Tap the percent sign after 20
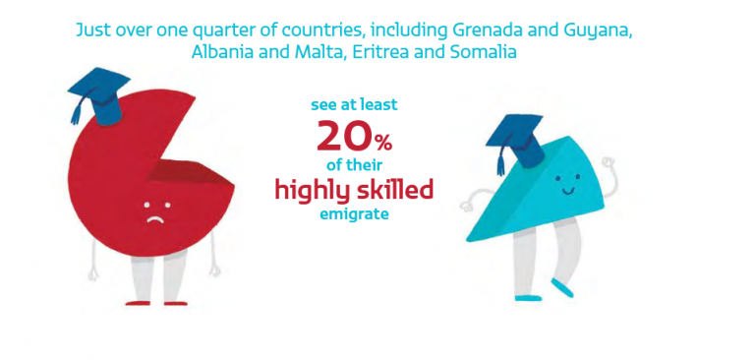(x=383, y=143)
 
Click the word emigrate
(x=354, y=214)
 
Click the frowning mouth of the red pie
(x=153, y=219)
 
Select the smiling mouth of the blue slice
(x=569, y=191)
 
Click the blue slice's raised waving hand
(x=607, y=166)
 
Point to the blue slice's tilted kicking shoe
(x=562, y=287)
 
